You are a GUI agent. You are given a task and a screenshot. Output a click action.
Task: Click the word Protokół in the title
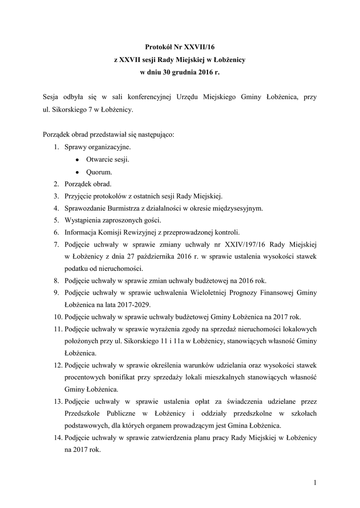coord(157,47)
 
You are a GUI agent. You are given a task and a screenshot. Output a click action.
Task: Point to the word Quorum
coord(99,173)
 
